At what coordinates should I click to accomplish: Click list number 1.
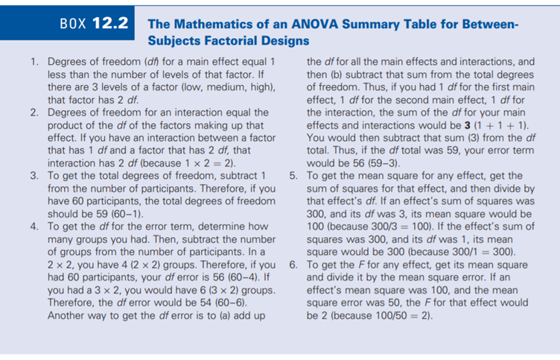pyautogui.click(x=34, y=62)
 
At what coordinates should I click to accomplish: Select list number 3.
pyautogui.click(x=34, y=175)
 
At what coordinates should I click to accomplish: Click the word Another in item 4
pyautogui.click(x=69, y=315)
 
